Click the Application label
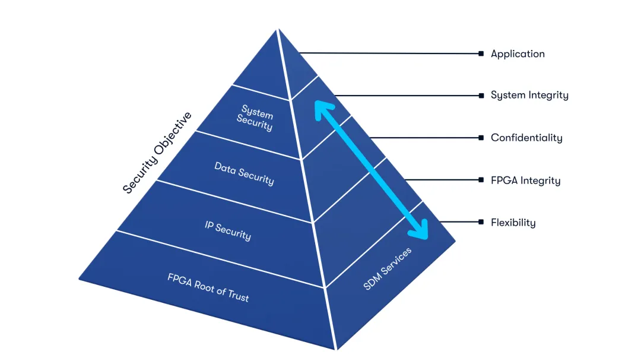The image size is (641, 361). (518, 54)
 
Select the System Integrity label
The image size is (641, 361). (529, 95)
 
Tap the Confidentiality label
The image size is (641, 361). (526, 138)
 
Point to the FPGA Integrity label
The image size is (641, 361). (525, 180)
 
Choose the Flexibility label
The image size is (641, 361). (513, 223)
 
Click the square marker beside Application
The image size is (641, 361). (481, 53)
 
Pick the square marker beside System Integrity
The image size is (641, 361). (481, 95)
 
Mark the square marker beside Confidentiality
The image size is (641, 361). (481, 138)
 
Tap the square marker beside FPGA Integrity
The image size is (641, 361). (481, 180)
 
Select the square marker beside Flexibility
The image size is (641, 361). (481, 222)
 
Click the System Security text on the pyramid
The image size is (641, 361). (256, 118)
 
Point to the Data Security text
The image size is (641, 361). (244, 173)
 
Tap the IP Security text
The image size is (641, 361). (228, 231)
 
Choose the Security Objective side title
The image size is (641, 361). (157, 153)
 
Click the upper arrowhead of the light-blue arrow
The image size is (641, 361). (321, 107)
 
